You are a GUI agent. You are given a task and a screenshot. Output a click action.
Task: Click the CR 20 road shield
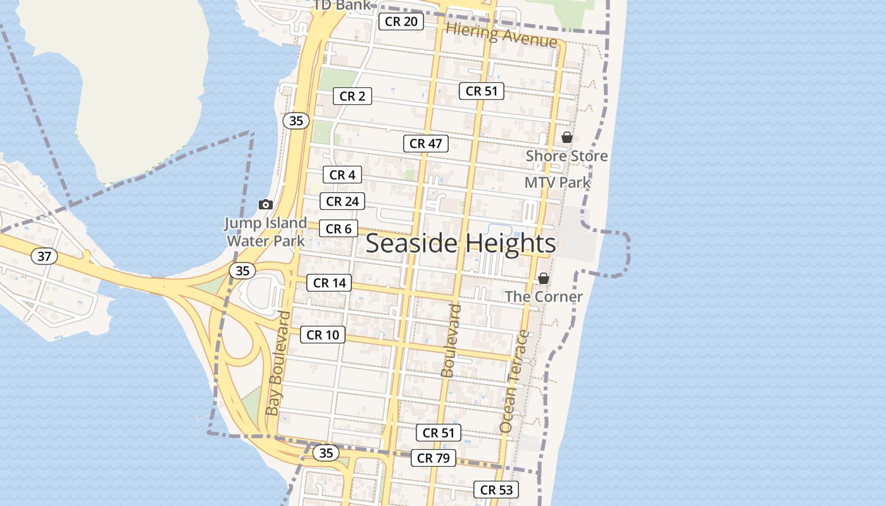point(401,22)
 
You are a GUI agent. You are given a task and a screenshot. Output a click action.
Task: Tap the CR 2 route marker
point(353,96)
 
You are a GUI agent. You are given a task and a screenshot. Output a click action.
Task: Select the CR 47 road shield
point(426,144)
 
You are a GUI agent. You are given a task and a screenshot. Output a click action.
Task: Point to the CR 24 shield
point(342,202)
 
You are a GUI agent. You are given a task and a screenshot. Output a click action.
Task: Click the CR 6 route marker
point(339,229)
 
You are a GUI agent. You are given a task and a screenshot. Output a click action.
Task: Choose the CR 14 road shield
point(330,283)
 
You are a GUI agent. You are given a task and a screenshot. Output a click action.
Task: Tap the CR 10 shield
point(323,335)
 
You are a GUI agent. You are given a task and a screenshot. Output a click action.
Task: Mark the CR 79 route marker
point(434,458)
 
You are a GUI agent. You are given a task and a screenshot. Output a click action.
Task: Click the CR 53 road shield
point(496,490)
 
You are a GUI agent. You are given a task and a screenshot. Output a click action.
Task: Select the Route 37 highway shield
point(44,256)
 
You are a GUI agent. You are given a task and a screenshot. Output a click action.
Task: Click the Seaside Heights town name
point(461,244)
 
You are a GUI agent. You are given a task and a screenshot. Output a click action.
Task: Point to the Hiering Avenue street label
point(501,35)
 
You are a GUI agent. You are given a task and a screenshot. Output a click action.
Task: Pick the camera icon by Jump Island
point(266,204)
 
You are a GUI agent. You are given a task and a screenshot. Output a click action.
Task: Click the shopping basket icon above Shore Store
point(567,137)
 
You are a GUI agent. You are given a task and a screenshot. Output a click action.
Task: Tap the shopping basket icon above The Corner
point(544,278)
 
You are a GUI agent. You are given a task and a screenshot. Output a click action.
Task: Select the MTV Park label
point(557,183)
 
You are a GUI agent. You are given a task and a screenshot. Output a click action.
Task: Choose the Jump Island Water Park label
point(266,231)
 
